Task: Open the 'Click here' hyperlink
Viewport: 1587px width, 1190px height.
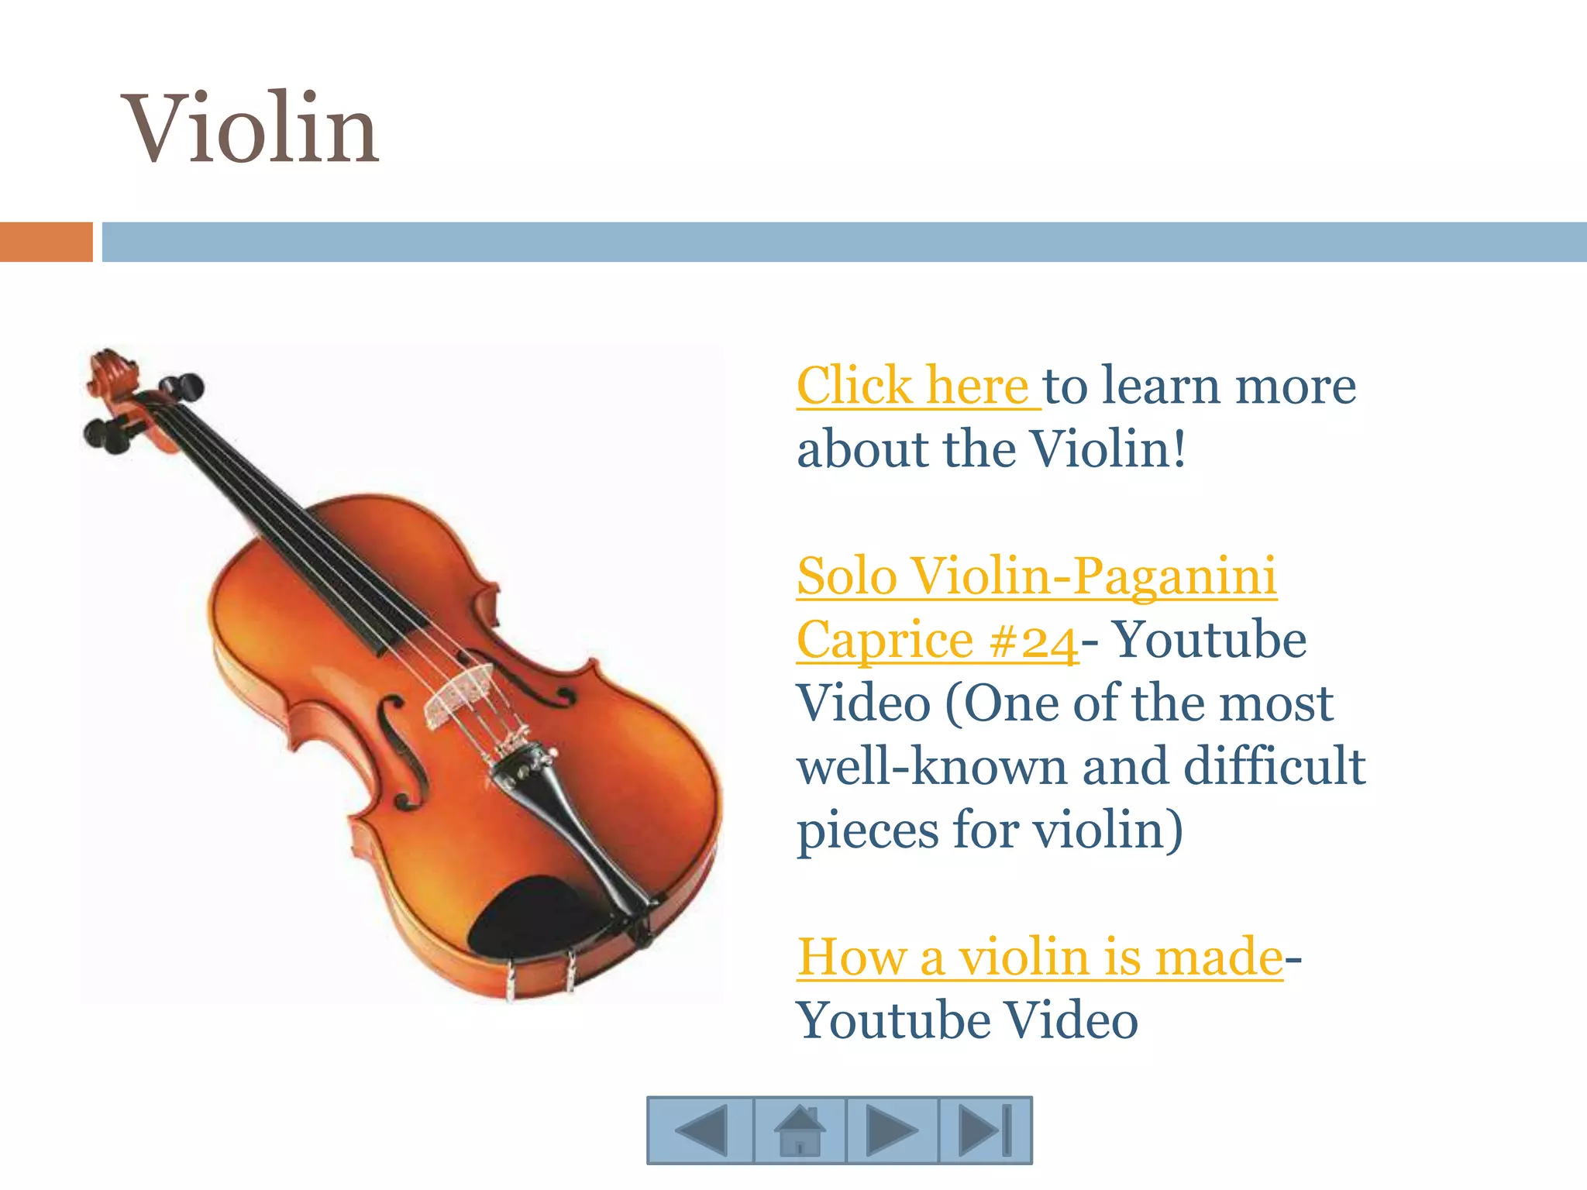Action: pyautogui.click(x=914, y=385)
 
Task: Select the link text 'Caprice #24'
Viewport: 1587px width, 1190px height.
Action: pyautogui.click(x=937, y=641)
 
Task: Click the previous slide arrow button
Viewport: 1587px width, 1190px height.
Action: pyautogui.click(x=701, y=1130)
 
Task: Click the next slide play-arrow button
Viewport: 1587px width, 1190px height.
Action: pyautogui.click(x=891, y=1130)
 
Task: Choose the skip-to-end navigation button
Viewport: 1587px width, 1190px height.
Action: pyautogui.click(x=985, y=1130)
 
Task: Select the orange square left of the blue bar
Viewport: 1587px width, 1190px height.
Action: pyautogui.click(x=46, y=242)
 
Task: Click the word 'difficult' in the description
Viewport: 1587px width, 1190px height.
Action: pyautogui.click(x=1275, y=766)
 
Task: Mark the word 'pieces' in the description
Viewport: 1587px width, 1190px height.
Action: pyautogui.click(x=869, y=831)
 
